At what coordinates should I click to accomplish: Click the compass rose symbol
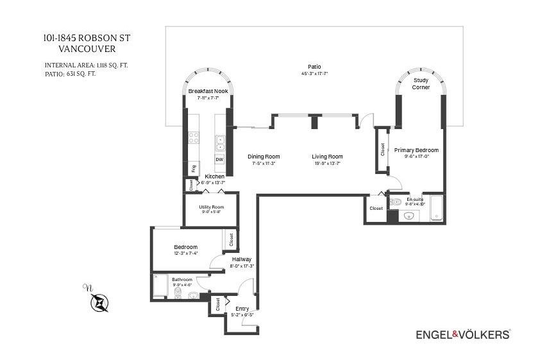[100, 302]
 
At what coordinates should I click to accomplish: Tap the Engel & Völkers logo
[463, 334]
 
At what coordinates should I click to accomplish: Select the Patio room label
[314, 67]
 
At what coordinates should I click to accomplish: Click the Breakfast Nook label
[208, 91]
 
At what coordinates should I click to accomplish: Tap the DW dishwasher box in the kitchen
[219, 160]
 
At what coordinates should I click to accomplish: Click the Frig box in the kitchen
[193, 168]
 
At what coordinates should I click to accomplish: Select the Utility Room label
[211, 207]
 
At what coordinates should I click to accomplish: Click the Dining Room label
[264, 157]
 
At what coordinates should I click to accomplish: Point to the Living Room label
[327, 157]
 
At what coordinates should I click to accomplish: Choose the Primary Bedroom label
[416, 150]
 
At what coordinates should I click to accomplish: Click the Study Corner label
[421, 83]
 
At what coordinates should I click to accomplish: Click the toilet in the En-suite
[396, 202]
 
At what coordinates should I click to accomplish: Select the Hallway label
[242, 259]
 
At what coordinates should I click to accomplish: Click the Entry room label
[242, 309]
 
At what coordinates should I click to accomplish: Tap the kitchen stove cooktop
[194, 138]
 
